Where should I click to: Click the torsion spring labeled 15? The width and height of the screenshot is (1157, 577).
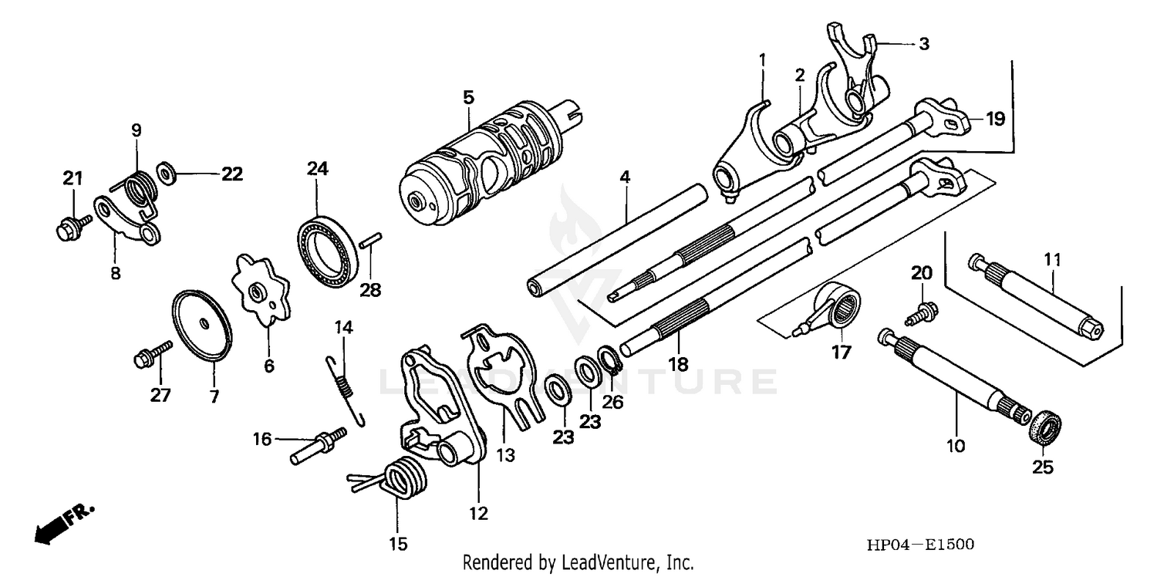[x=397, y=477]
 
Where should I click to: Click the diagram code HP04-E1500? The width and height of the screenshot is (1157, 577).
[x=919, y=545]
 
